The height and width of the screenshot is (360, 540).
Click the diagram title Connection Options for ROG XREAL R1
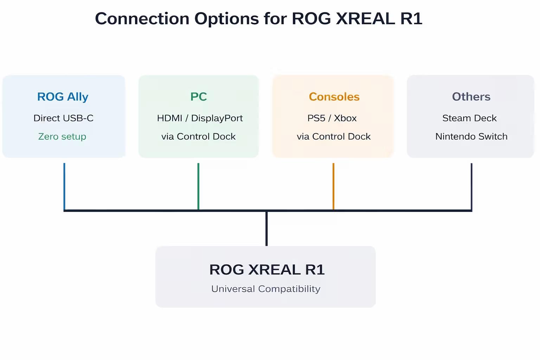pos(258,19)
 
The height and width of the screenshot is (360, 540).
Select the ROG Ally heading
pos(63,97)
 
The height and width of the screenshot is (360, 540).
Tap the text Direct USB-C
pos(63,118)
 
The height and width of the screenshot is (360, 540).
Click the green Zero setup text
pos(62,136)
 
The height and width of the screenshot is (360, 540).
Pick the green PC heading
pos(199,97)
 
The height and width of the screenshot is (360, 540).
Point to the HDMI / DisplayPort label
pos(200,118)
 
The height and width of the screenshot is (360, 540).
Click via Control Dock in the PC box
pos(198,136)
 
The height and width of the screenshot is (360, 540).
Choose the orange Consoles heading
pos(334,97)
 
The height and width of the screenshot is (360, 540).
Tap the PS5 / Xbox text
pos(332,118)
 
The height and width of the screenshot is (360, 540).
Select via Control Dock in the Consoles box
pos(334,136)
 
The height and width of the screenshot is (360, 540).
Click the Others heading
pos(471,97)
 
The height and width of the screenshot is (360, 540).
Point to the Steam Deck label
pos(469,118)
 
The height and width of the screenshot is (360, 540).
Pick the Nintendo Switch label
pos(471,136)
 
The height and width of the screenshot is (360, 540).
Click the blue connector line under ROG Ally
pos(64,186)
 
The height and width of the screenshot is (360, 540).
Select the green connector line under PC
pos(198,186)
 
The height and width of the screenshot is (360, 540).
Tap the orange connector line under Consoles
pos(333,186)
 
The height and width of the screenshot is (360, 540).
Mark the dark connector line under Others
pos(471,186)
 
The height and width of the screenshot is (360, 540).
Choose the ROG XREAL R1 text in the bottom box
pos(267,270)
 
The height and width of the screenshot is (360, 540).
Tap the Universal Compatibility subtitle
pos(266,289)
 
